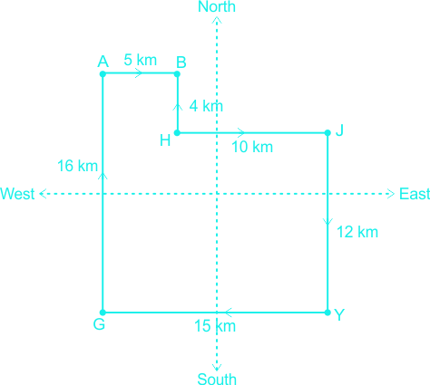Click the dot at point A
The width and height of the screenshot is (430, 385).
pyautogui.click(x=103, y=73)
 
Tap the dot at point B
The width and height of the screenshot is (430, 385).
pyautogui.click(x=177, y=73)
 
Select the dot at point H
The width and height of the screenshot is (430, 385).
pyautogui.click(x=177, y=132)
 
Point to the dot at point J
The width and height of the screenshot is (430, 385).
pyautogui.click(x=327, y=132)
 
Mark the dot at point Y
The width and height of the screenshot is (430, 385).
pyautogui.click(x=327, y=313)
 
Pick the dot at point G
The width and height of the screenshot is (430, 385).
pyautogui.click(x=103, y=313)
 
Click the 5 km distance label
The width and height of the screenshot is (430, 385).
pyautogui.click(x=141, y=60)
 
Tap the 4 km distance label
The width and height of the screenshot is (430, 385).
pyautogui.click(x=206, y=106)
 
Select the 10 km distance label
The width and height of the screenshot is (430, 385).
pyautogui.click(x=252, y=147)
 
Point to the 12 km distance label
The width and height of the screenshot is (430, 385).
pyautogui.click(x=357, y=232)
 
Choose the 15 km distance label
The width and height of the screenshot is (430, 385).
pyautogui.click(x=215, y=326)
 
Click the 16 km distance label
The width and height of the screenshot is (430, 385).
pyautogui.click(x=77, y=166)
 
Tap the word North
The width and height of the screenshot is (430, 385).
pyautogui.click(x=217, y=6)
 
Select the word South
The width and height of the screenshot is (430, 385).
pyautogui.click(x=217, y=379)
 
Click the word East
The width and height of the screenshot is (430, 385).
pyautogui.click(x=415, y=194)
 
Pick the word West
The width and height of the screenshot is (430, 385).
pyautogui.click(x=17, y=194)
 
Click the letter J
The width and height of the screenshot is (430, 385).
pyautogui.click(x=339, y=130)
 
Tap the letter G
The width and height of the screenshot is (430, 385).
pyautogui.click(x=99, y=324)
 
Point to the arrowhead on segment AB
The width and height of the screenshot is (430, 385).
pyautogui.click(x=139, y=73)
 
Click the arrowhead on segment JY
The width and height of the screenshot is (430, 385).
pyautogui.click(x=327, y=222)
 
